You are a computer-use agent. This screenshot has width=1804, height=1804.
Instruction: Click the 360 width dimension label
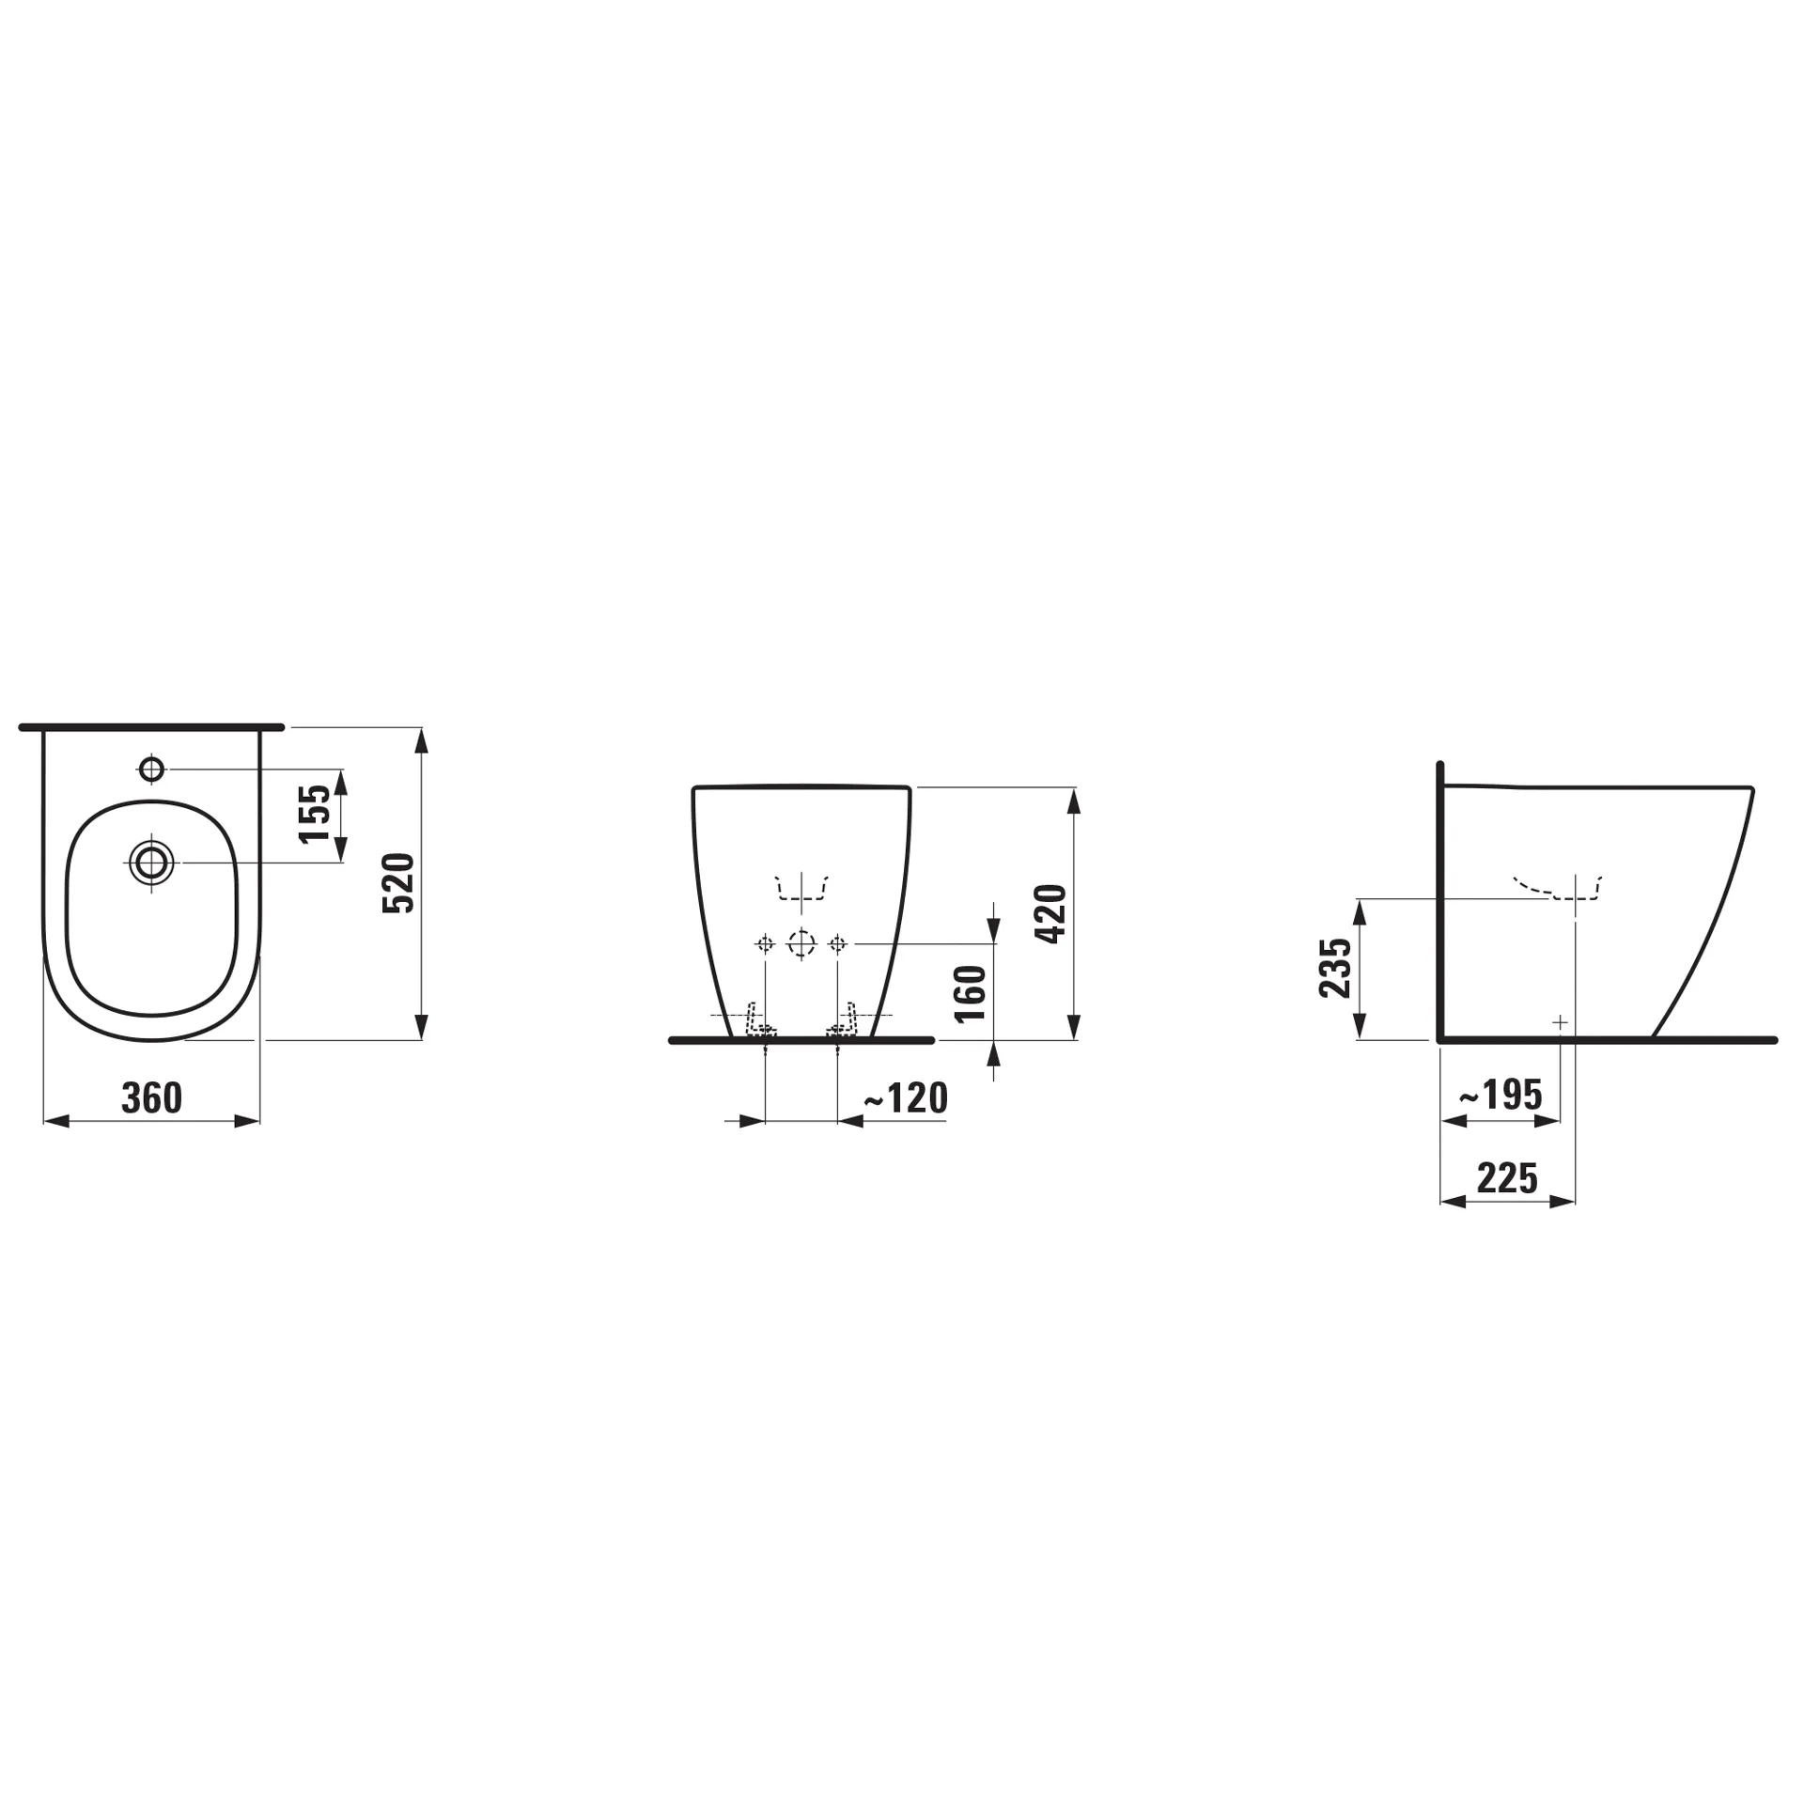[151, 1097]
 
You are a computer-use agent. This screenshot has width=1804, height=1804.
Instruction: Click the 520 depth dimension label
[397, 882]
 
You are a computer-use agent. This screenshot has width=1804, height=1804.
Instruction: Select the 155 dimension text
[316, 814]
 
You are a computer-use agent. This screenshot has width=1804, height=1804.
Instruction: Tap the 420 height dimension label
[1050, 913]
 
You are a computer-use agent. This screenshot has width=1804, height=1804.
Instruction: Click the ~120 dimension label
[905, 1097]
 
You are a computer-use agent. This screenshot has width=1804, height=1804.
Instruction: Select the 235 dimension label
[1334, 968]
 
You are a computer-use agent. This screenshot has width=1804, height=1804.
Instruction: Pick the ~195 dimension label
[1500, 1095]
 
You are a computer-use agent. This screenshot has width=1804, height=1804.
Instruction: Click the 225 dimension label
[1507, 1177]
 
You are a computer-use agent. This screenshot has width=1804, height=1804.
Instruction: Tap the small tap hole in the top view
[151, 770]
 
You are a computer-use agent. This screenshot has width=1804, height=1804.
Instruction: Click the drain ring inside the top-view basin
[151, 862]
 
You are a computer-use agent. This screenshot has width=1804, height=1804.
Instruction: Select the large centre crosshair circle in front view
[801, 942]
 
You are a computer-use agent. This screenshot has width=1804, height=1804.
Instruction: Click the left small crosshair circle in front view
[765, 942]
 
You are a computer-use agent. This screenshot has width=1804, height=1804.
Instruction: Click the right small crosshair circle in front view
[837, 942]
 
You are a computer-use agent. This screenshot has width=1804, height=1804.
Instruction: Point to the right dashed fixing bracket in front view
[843, 1021]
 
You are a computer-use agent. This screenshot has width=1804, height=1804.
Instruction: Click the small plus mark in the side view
[1560, 1021]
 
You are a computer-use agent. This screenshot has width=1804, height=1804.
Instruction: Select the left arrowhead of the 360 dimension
[56, 1121]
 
